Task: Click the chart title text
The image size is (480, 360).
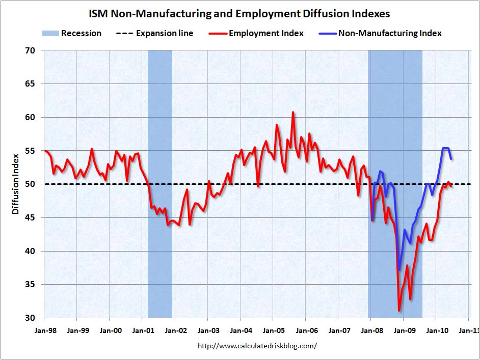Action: [239, 13]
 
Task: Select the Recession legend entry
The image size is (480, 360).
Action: [72, 34]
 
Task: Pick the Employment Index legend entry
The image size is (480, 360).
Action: [257, 34]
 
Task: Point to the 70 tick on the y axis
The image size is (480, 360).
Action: [31, 51]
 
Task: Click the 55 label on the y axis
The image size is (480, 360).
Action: [31, 151]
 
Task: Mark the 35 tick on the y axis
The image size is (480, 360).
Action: [31, 285]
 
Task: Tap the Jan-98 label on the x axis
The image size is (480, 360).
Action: [45, 330]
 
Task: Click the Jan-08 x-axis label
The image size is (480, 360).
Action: [370, 330]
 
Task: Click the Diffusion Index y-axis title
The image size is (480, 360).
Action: [15, 183]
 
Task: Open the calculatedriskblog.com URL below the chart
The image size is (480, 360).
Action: [257, 346]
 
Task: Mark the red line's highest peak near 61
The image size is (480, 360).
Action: [293, 112]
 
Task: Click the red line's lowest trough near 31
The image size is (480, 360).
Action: [399, 310]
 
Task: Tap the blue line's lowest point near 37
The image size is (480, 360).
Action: [399, 269]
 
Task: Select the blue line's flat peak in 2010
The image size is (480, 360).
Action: [445, 148]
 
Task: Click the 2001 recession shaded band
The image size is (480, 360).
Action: [159, 183]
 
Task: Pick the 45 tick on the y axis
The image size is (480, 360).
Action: [31, 218]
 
